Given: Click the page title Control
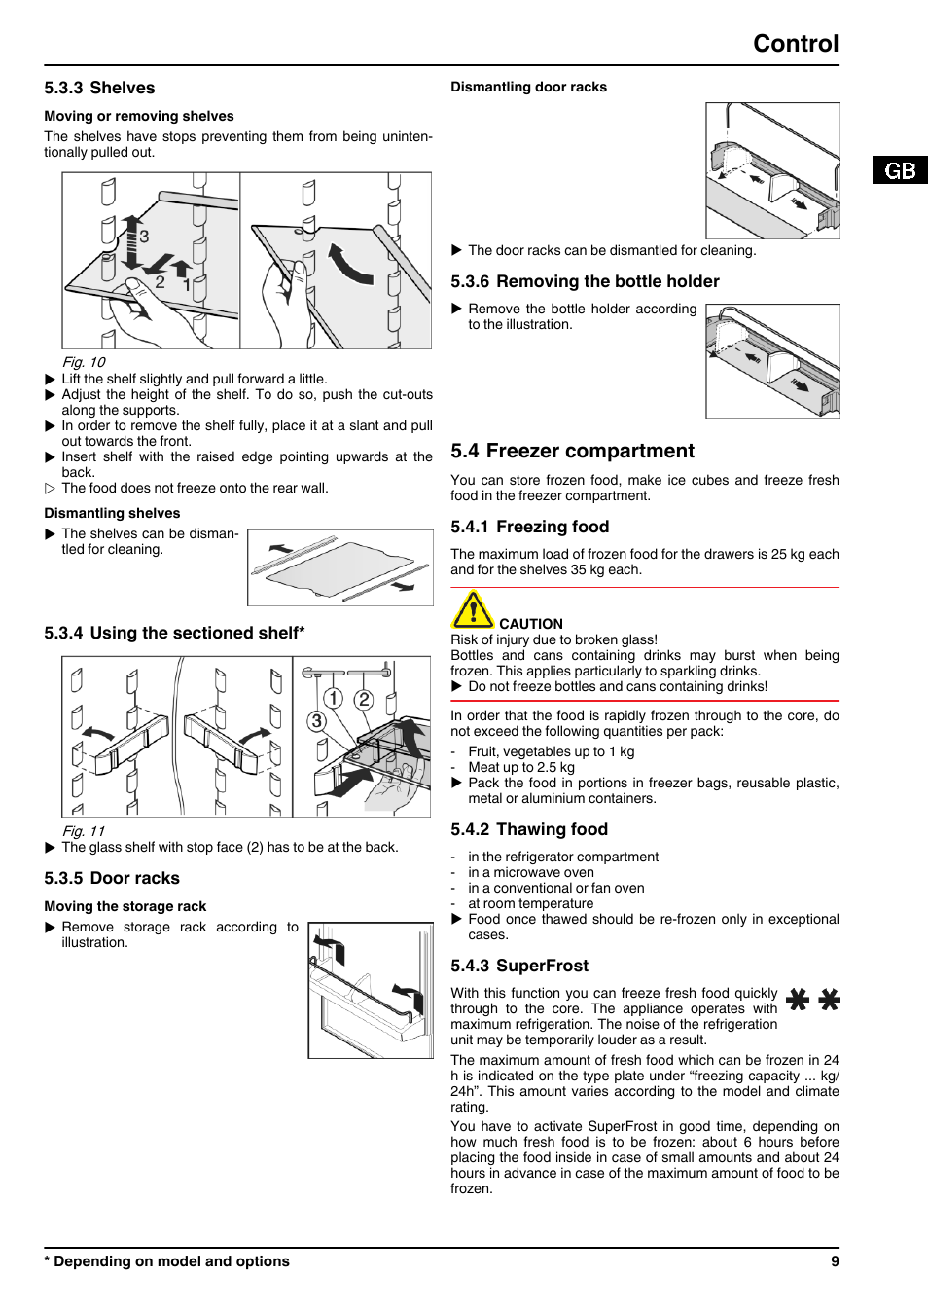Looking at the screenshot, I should pyautogui.click(x=795, y=44).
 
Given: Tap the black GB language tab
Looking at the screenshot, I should pyautogui.click(x=900, y=170).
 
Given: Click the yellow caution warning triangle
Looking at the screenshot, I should pyautogui.click(x=473, y=610).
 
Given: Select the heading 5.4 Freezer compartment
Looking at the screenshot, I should pyautogui.click(x=572, y=451).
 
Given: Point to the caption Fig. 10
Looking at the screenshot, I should pyautogui.click(x=84, y=362).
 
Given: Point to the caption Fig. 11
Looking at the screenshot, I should pyautogui.click(x=84, y=831).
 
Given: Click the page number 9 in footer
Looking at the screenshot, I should pyautogui.click(x=835, y=1261).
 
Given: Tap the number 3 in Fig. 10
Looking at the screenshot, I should pyautogui.click(x=144, y=237).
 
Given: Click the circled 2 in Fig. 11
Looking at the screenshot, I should pyautogui.click(x=364, y=699).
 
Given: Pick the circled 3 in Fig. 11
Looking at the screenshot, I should pyautogui.click(x=316, y=721).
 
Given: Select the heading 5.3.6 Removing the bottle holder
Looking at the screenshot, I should pyautogui.click(x=585, y=281).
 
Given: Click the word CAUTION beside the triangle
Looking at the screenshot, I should pyautogui.click(x=530, y=624).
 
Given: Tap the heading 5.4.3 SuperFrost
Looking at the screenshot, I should pyautogui.click(x=519, y=966).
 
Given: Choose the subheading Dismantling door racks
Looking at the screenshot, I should pyautogui.click(x=528, y=87).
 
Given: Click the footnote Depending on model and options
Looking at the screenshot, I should pyautogui.click(x=171, y=1261).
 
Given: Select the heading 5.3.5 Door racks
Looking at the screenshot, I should pyautogui.click(x=112, y=878).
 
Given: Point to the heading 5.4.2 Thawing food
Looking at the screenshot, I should pyautogui.click(x=529, y=829).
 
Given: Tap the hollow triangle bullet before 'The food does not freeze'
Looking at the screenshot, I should pyautogui.click(x=51, y=489).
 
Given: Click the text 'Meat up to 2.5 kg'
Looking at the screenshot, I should pyautogui.click(x=520, y=767).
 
